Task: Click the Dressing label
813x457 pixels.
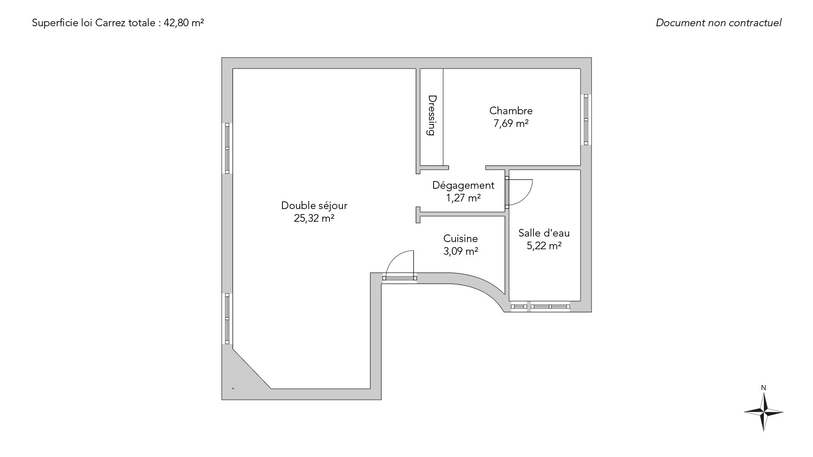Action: pos(431,115)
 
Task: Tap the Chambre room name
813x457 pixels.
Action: pos(511,111)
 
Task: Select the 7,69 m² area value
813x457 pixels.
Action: pos(511,124)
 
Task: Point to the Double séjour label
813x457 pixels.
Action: pos(314,206)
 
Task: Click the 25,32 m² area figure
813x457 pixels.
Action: pos(314,218)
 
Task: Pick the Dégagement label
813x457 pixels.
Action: pos(463,185)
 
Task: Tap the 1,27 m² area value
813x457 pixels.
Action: pos(463,198)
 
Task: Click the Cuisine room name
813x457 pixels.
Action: pos(460,239)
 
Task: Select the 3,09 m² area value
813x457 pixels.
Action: pos(461,251)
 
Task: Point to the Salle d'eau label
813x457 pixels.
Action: pos(544,233)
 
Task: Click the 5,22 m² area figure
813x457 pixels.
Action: pos(544,246)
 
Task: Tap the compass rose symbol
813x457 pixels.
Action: pos(763,412)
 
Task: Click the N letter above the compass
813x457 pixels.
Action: pos(763,388)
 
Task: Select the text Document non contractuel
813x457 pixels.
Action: pos(719,23)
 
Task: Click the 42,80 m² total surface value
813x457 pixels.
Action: pos(184,23)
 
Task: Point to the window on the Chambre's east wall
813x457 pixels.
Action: pos(586,120)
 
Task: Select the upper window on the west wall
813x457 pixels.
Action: pos(227,148)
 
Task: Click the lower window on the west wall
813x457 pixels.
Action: pos(227,319)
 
